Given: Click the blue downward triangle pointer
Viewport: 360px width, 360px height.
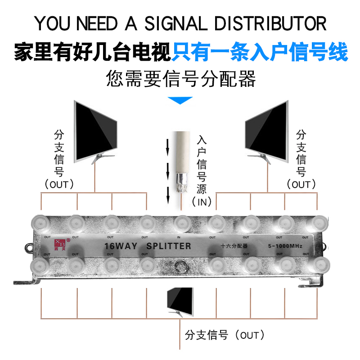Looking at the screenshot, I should click(x=180, y=100).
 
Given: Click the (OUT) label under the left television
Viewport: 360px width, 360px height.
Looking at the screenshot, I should click(x=59, y=184).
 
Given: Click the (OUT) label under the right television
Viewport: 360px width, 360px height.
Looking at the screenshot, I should click(x=301, y=184).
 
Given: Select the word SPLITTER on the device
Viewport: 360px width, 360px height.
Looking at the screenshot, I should click(x=169, y=246).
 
